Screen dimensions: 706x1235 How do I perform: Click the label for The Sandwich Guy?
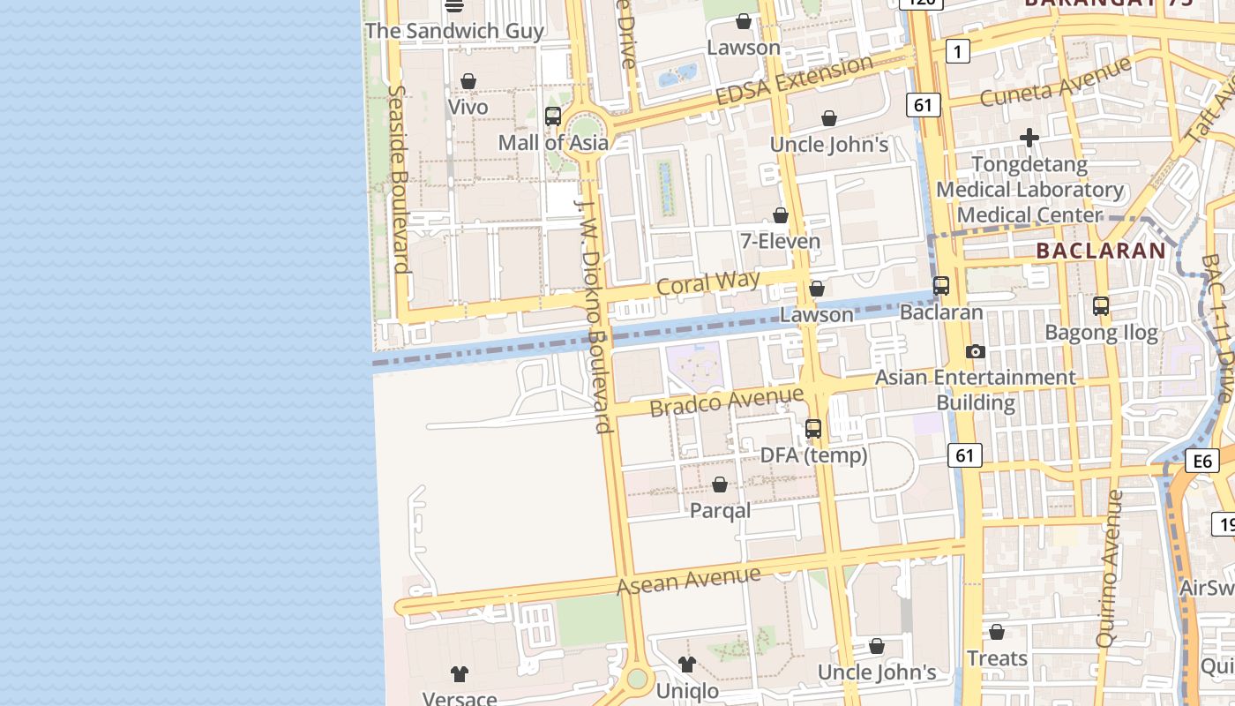[x=454, y=31]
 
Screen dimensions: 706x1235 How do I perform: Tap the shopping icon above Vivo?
[x=468, y=82]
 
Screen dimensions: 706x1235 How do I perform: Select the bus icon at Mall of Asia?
[x=553, y=116]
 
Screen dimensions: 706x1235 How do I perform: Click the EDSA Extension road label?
[x=794, y=79]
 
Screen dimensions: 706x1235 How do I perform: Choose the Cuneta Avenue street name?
[x=1055, y=82]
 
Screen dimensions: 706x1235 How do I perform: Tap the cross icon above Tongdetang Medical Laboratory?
[x=1029, y=138]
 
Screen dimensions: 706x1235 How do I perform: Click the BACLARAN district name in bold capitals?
[x=1101, y=251]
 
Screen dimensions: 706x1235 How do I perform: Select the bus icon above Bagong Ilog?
[x=1101, y=306]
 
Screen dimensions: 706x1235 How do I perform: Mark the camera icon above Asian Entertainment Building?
[x=975, y=351]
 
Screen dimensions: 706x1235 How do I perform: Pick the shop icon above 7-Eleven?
[x=781, y=215]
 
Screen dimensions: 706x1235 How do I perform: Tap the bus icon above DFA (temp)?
[x=813, y=429]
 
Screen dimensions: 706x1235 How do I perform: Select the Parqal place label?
[x=720, y=510]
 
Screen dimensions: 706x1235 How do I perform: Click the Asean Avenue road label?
[x=688, y=581]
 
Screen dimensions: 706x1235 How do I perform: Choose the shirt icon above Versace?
[x=459, y=674]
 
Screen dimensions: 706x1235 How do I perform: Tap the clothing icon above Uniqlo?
[x=687, y=665]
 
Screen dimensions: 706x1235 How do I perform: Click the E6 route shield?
[x=1202, y=461]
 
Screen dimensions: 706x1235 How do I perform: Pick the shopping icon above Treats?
[x=997, y=632]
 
